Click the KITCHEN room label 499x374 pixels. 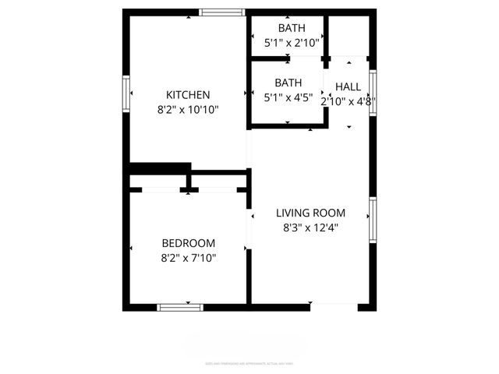[x=188, y=95]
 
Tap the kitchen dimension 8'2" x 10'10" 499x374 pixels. [x=188, y=110]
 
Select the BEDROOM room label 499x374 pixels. [x=188, y=242]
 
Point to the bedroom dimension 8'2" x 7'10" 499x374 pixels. [x=188, y=257]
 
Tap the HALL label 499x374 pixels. [x=349, y=86]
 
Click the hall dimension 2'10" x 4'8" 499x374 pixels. [x=349, y=101]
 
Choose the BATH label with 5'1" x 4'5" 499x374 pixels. [x=288, y=82]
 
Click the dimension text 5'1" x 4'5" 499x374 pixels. [x=288, y=97]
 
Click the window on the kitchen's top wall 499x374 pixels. [x=222, y=12]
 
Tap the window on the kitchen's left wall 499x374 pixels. [x=126, y=93]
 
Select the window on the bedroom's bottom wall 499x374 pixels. [x=181, y=307]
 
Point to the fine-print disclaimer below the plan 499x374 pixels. [x=249, y=363]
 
